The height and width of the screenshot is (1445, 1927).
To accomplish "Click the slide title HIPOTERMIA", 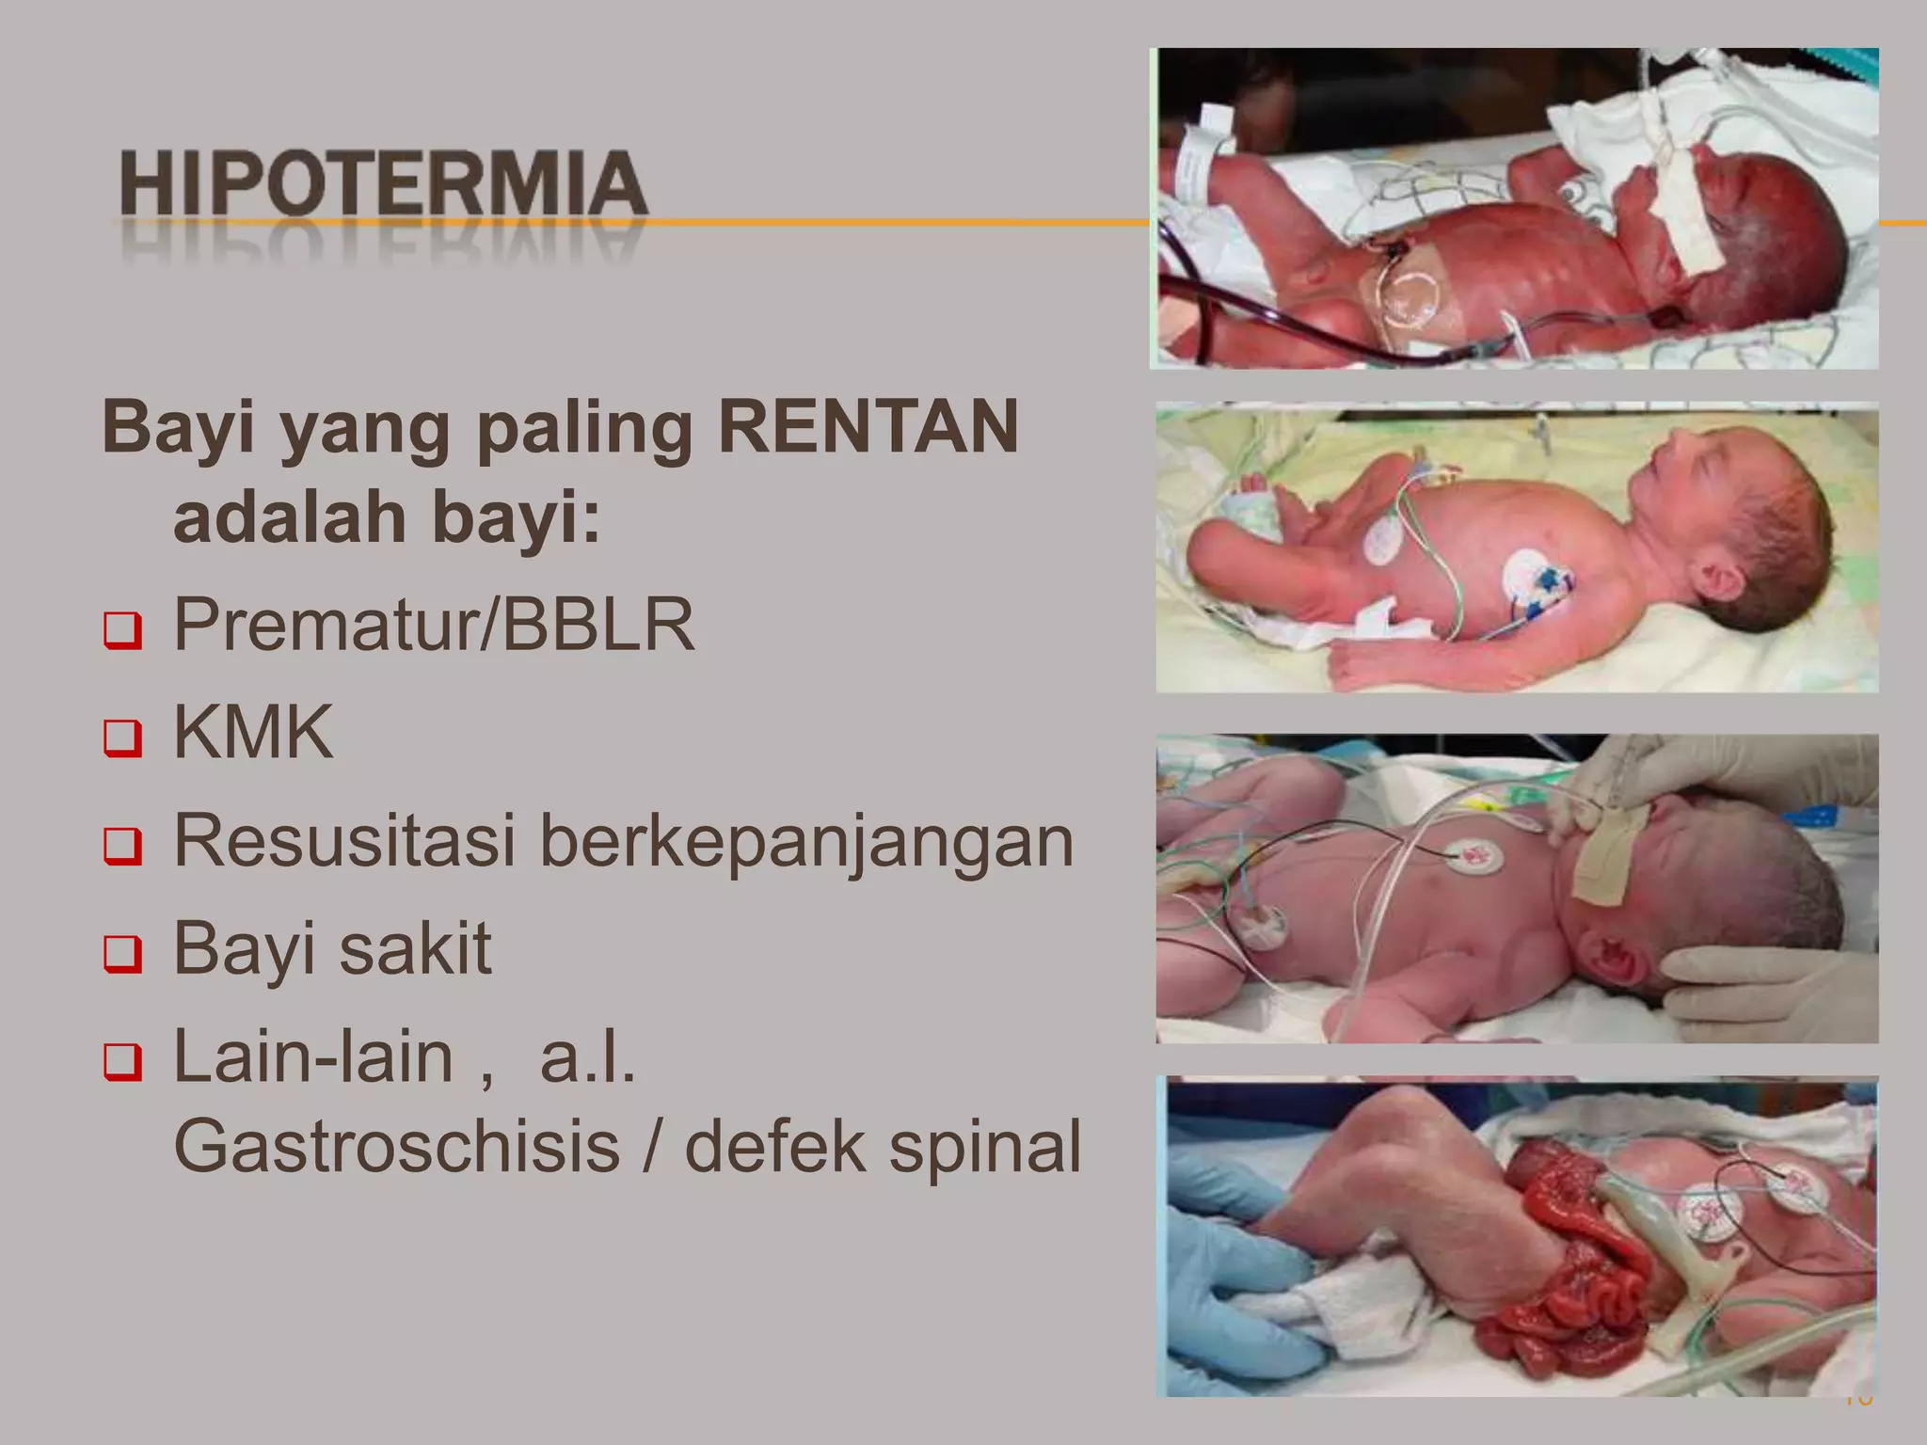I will (384, 184).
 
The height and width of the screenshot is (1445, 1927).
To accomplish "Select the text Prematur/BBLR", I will (434, 625).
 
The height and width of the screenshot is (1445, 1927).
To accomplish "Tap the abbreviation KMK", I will (253, 733).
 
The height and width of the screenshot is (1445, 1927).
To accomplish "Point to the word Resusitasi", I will (344, 841).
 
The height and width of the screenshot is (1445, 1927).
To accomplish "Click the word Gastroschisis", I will (397, 1147).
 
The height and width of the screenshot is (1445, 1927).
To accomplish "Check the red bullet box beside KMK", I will (122, 738).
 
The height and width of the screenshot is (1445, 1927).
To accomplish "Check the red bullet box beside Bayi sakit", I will (122, 954).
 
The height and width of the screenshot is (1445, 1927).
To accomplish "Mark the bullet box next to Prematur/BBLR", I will (122, 629).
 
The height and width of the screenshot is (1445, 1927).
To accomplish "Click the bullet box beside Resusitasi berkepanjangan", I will (122, 846).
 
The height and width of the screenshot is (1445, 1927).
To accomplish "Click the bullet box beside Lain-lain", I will (122, 1062).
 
